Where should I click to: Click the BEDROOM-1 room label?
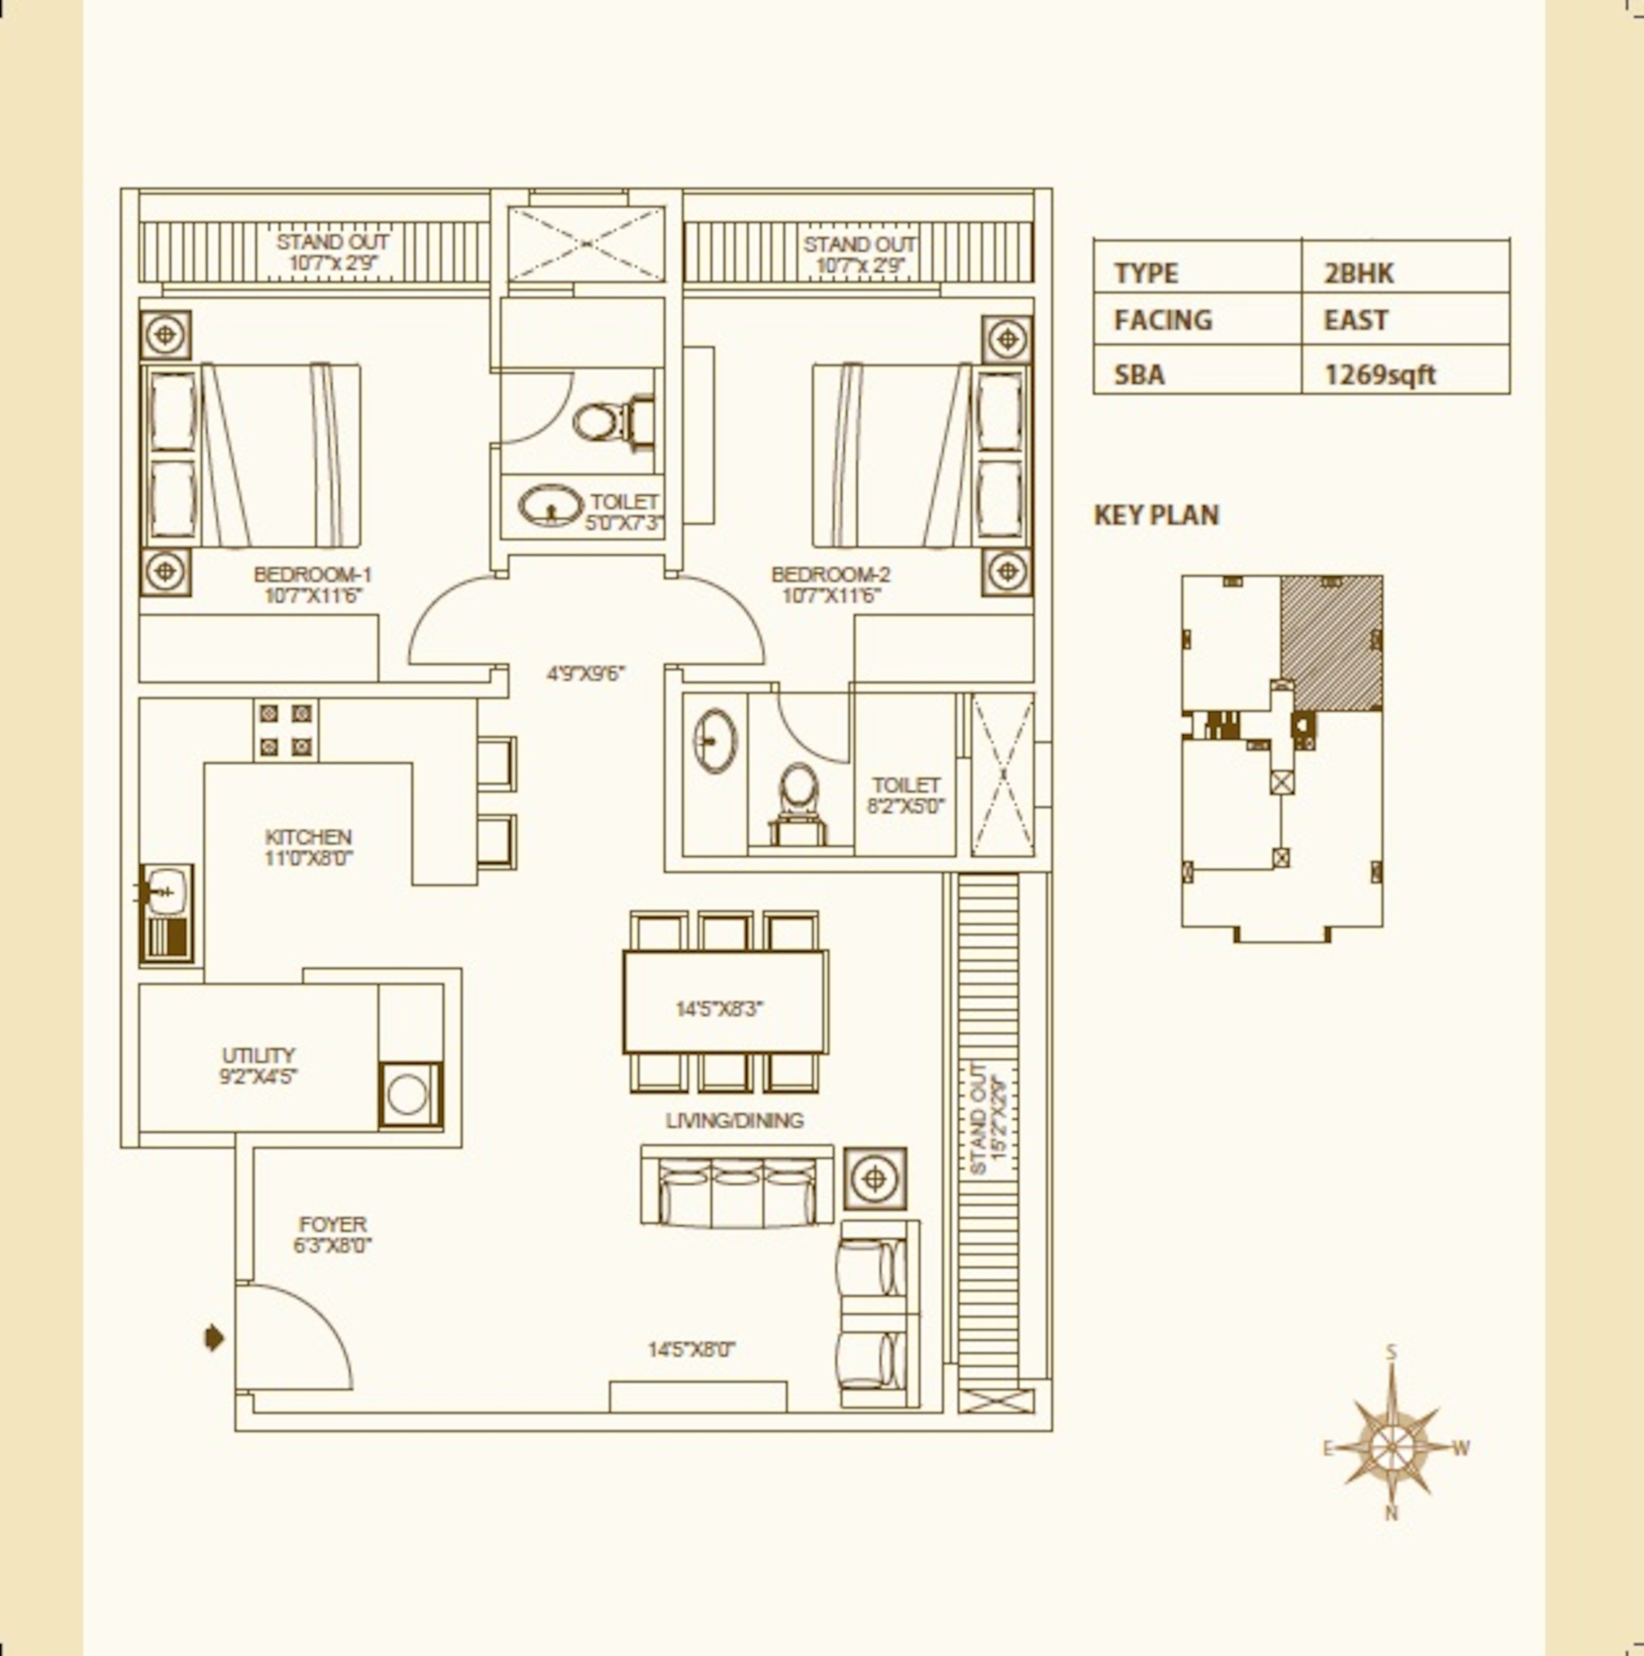pyautogui.click(x=313, y=574)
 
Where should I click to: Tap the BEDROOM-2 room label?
pyautogui.click(x=830, y=574)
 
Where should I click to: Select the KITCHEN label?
pyautogui.click(x=308, y=837)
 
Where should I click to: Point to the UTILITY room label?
pyautogui.click(x=258, y=1055)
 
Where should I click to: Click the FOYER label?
pyautogui.click(x=333, y=1224)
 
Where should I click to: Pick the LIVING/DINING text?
pyautogui.click(x=735, y=1121)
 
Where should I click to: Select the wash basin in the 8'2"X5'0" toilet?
pyautogui.click(x=714, y=741)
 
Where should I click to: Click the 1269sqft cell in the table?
pyautogui.click(x=1380, y=375)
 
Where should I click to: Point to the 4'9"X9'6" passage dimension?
pyautogui.click(x=586, y=673)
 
